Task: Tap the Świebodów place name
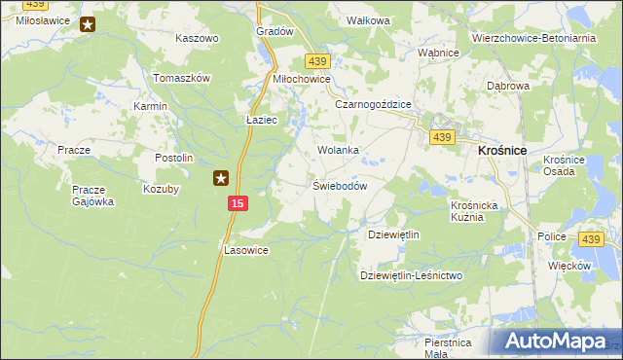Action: [x=339, y=186]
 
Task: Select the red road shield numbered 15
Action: [x=238, y=202]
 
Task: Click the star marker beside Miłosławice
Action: [x=88, y=24]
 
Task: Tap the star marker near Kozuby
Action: [x=221, y=178]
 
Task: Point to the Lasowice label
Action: [x=245, y=250]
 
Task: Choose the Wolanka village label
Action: [x=339, y=151]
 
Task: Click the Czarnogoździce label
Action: [x=374, y=104]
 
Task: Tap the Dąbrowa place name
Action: [x=508, y=86]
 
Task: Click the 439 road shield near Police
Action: [x=591, y=239]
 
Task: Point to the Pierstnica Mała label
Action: [x=448, y=348]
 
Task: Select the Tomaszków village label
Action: [x=182, y=78]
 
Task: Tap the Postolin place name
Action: [x=175, y=158]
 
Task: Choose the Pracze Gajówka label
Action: [x=93, y=196]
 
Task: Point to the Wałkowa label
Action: [x=369, y=20]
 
